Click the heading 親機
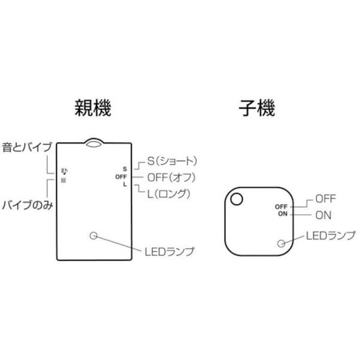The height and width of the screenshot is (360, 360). coord(93,107)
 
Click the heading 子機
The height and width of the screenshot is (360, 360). coord(257,107)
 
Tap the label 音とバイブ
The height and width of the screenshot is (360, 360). coord(27,147)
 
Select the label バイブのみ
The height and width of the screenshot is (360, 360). coord(28,205)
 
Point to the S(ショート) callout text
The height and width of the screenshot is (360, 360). coord(172,161)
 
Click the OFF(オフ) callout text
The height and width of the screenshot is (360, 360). coord(171,178)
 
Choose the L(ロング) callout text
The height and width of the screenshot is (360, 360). coord(169,194)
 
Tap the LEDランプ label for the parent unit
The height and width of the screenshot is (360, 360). coord(169,251)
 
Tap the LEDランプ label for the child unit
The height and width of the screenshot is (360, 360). coord(331,236)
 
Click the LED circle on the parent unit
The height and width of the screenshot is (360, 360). coord(94,236)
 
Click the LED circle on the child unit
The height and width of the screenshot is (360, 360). coord(281,244)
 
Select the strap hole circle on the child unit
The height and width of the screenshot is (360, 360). coord(236,199)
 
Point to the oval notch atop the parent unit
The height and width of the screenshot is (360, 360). coord(94,143)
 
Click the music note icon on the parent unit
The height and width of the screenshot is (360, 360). coord(65,171)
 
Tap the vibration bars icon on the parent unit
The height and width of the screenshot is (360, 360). coord(64,181)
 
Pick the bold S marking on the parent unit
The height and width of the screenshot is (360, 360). coord(125,169)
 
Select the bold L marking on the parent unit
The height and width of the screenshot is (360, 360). coord(125,184)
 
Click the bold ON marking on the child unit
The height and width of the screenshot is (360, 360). coord(283,214)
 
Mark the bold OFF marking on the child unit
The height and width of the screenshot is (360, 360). coord(281,206)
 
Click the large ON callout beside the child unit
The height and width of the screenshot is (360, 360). coord(323,215)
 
